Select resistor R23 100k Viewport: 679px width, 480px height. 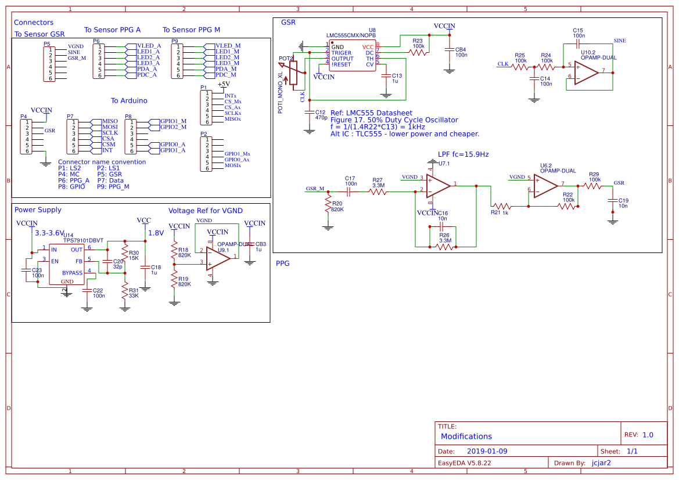click(x=418, y=52)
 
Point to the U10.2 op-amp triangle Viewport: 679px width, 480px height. click(x=585, y=72)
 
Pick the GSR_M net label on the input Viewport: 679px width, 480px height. click(x=315, y=189)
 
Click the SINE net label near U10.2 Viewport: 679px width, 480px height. click(x=620, y=41)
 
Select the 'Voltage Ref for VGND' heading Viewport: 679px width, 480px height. click(x=205, y=211)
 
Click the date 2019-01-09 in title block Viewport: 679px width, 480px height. click(x=487, y=451)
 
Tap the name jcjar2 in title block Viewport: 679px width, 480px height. click(x=601, y=463)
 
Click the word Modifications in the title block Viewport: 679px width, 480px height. click(x=466, y=436)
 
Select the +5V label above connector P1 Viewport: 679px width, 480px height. click(x=224, y=84)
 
